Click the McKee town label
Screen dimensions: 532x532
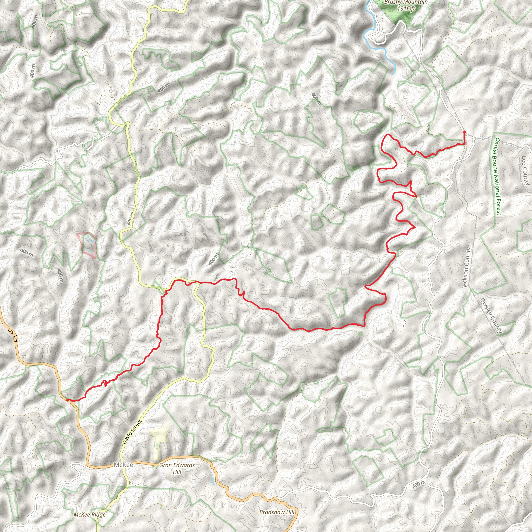coord(123,465)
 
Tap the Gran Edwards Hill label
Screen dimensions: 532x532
coord(177,468)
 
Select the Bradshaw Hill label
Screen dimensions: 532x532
coord(277,512)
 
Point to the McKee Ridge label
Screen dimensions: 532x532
coord(90,514)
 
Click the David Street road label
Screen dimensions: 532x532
coord(132,432)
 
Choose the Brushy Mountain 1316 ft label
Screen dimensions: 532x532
coord(406,5)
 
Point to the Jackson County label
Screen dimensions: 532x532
coord(467,268)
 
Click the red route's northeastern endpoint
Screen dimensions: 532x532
coord(464,132)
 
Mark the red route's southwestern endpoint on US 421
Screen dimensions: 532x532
coord(67,400)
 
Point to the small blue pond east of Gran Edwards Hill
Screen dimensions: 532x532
coord(212,481)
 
